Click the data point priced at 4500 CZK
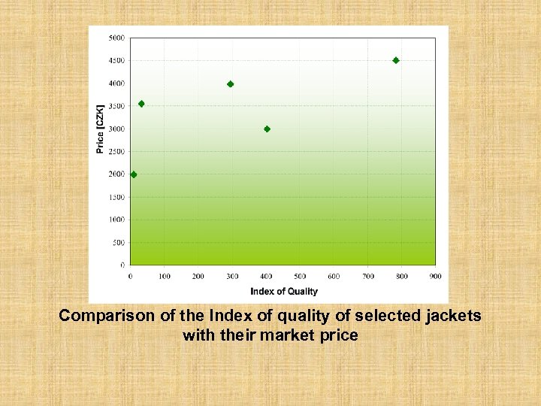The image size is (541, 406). coord(396,60)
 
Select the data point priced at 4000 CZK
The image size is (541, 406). coord(230,84)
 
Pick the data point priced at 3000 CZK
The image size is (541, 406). coord(267,129)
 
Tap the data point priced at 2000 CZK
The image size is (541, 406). coord(134,174)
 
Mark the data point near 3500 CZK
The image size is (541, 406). coord(141,104)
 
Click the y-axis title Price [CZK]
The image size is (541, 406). coord(100,129)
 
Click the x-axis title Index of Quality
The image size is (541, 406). coord(284,292)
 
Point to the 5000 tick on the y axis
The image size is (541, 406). coord(116,38)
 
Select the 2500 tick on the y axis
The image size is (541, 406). coord(116,152)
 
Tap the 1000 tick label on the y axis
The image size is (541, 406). coord(116,220)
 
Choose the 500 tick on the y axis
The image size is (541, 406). coord(119,243)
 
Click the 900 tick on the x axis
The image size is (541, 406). coord(436,277)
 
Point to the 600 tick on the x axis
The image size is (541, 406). coord(334,277)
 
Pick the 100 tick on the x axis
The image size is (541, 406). coord(164,277)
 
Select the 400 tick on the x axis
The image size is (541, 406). coord(266,277)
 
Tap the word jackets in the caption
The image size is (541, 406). coord(452,317)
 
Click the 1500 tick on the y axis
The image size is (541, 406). coord(116,198)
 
